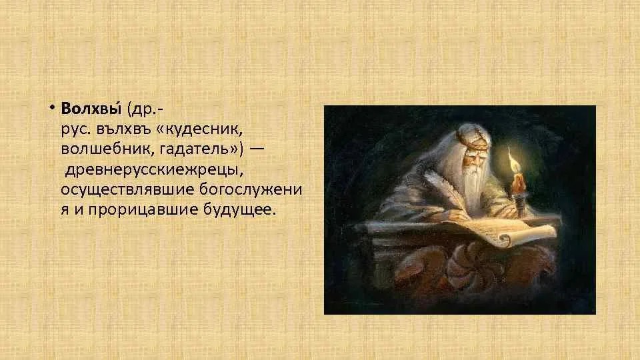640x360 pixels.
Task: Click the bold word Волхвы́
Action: pos(91,109)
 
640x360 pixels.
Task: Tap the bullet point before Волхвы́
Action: pos(52,108)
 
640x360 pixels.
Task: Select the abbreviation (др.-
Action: pos(145,109)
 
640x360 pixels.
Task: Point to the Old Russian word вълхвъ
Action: pos(124,129)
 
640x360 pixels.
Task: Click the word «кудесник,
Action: pos(199,129)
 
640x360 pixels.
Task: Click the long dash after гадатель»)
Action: pos(257,149)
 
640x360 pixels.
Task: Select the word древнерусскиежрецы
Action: pos(154,170)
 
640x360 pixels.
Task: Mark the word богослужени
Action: pos(251,190)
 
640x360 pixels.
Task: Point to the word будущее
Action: pos(239,209)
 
